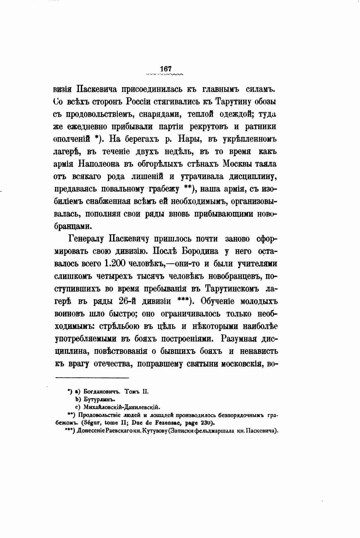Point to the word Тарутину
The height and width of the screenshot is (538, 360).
tap(234, 102)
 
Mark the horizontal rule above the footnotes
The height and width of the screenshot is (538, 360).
tap(93, 378)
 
